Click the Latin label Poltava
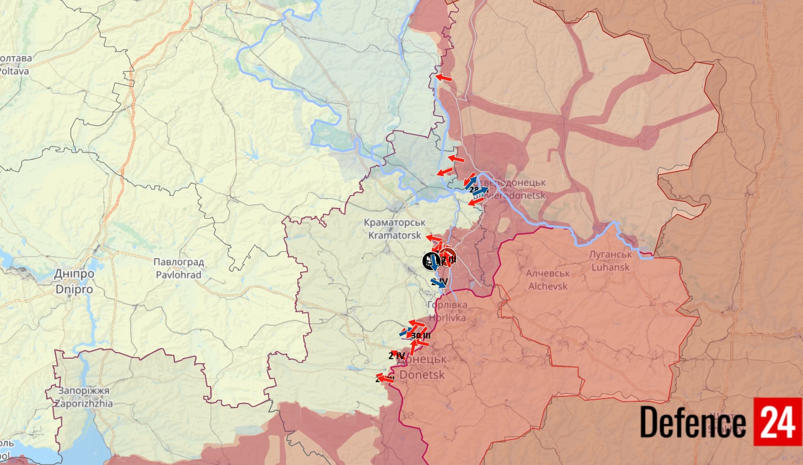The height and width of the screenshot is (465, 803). point(16,71)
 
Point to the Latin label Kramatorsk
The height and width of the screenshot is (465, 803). point(394,235)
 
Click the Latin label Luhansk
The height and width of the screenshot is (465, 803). point(611,267)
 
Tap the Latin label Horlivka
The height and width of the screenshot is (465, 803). point(447,318)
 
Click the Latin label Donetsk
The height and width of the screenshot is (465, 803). point(422,375)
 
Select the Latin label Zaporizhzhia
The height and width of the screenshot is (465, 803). point(83,404)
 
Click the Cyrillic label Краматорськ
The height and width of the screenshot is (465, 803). point(394,223)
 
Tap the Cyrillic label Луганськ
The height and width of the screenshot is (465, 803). point(611,255)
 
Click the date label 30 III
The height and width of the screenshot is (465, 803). point(421,335)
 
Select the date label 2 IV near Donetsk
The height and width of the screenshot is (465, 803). point(397,356)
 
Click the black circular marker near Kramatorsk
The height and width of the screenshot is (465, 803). point(430,261)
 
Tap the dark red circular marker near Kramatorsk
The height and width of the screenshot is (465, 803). point(448,256)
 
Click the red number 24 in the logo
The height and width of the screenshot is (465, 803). point(778,422)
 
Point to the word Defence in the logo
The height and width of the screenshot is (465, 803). point(693,423)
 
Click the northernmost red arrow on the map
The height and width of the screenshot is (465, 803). point(443,78)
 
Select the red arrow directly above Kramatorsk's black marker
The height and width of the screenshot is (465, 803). point(434,238)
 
